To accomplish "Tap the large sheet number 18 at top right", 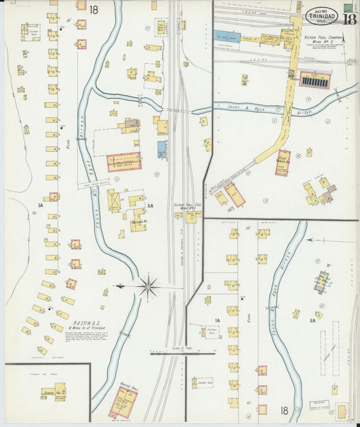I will (x=349, y=19).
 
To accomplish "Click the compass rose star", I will (x=147, y=286).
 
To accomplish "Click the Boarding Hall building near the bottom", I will (x=124, y=402).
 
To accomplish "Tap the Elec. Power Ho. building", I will (x=282, y=163).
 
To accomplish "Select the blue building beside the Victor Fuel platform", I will (x=228, y=36).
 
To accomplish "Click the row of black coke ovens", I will (x=315, y=80).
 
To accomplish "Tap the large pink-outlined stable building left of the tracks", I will (x=124, y=161).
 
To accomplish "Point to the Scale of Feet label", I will (x=165, y=347).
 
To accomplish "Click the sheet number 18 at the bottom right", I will (x=284, y=410).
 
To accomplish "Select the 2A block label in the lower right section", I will (x=312, y=322).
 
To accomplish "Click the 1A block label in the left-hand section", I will (x=41, y=205).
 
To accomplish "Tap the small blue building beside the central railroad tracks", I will (x=162, y=149).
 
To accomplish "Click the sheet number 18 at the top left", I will (x=93, y=9).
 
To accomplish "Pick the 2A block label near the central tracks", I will (x=150, y=205).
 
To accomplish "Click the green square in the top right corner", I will (x=348, y=6).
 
